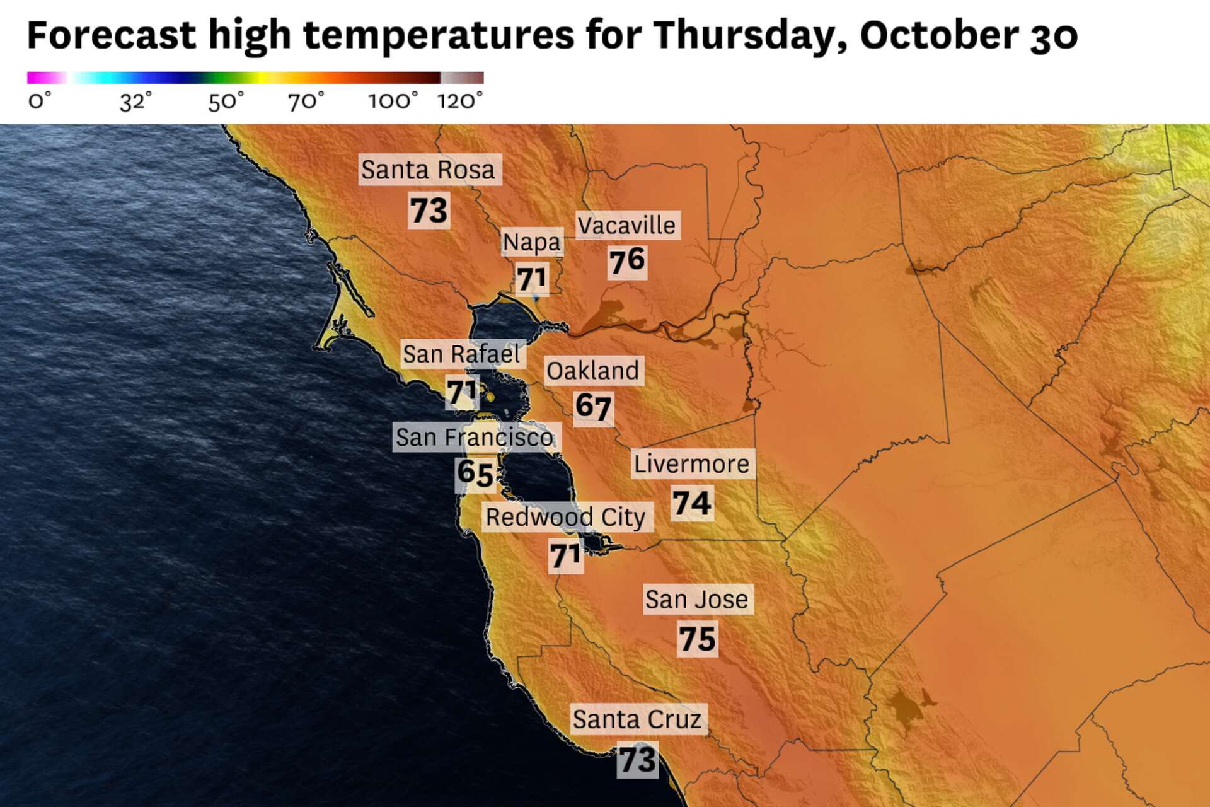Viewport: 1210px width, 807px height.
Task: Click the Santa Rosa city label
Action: pos(429,170)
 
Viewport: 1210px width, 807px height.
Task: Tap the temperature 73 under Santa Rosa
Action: pos(429,210)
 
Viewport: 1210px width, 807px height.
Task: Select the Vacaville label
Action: pos(626,226)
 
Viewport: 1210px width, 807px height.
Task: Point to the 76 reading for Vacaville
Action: pos(627,261)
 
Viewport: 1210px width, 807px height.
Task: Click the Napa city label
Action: pos(531,242)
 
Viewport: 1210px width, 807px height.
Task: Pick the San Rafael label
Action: pos(461,354)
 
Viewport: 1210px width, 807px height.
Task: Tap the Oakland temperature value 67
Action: pos(593,407)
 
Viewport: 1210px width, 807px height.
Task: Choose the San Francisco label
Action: pos(475,437)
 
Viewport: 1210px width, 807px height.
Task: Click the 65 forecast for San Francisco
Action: pos(475,473)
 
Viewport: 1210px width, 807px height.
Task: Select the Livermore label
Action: pos(691,464)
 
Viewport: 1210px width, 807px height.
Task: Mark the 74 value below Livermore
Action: pos(691,503)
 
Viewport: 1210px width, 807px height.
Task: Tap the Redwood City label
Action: pos(565,517)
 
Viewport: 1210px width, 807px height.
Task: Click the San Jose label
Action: pos(696,600)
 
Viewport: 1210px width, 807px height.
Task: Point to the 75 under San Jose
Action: pos(697,639)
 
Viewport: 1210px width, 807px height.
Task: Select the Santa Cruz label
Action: pos(637,719)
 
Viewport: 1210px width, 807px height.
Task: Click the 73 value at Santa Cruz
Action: pos(638,760)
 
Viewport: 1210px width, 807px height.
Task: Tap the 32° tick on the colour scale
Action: pos(135,101)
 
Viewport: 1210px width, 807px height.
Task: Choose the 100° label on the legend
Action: pos(393,101)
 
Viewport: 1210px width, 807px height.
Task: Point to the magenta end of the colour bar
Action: pos(33,78)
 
